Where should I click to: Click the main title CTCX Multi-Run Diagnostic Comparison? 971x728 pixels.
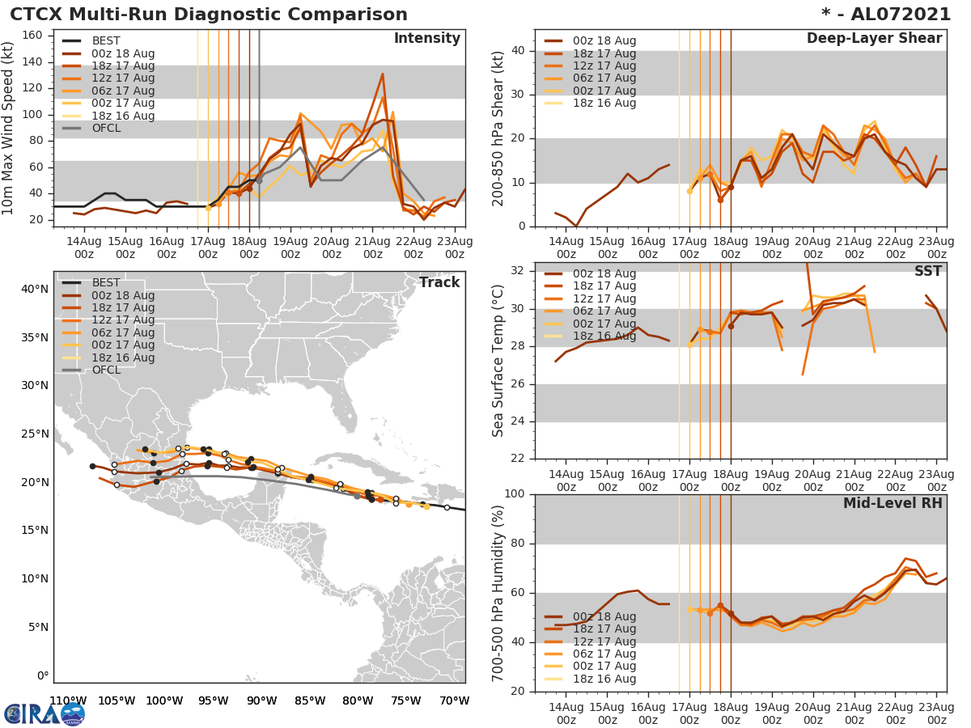209,15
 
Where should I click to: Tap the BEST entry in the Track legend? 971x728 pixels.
106,283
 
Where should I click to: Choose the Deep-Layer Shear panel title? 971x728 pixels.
874,39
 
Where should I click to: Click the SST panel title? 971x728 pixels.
928,272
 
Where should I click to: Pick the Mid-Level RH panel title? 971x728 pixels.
893,503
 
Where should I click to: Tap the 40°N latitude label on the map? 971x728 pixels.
35,289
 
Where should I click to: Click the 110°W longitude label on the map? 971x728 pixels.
68,700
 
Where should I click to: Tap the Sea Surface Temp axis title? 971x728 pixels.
499,360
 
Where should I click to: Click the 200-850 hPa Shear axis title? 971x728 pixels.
499,128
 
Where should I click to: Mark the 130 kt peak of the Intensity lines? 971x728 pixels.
382,74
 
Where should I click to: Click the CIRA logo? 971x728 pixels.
45,713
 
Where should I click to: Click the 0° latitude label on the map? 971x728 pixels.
42,675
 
